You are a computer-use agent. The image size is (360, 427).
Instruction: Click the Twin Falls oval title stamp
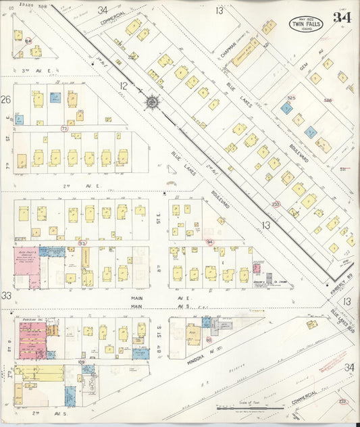pos(306,24)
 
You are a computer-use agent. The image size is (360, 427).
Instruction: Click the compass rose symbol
pos(152,102)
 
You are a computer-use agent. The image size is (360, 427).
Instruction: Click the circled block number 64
pos(28,41)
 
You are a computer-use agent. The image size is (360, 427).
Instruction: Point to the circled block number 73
pos(64,128)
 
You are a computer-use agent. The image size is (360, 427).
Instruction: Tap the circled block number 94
pos(209,241)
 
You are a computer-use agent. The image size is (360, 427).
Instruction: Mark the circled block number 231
pos(276,203)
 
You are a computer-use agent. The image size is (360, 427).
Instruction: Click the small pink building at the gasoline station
pos(258,266)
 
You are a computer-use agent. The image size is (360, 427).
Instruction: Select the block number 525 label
pos(291,99)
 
